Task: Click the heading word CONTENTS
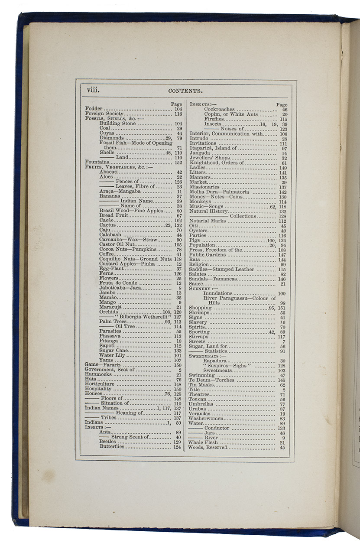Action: coord(185,91)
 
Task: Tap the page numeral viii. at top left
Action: coord(93,90)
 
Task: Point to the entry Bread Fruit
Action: coord(113,215)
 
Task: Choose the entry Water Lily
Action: coord(112,355)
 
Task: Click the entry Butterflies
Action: coord(112,447)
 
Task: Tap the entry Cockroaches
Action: coord(219,110)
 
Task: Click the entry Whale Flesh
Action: coord(203,442)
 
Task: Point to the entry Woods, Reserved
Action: coord(207,448)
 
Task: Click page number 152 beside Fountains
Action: coord(178,162)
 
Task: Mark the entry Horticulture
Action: coord(100,384)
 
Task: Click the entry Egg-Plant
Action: coord(112,269)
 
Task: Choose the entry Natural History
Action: coord(209,211)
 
